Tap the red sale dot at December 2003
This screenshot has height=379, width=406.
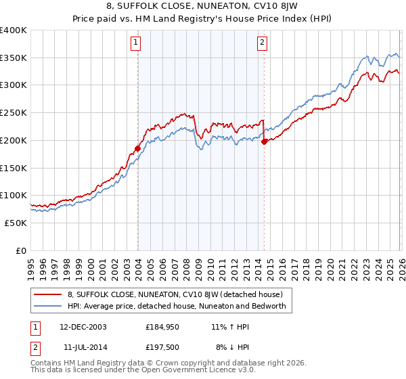[138, 148]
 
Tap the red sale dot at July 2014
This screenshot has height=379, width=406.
[264, 141]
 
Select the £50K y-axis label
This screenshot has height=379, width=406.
[16, 223]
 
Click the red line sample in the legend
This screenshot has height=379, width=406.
[49, 294]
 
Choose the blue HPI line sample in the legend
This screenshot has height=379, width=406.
[49, 306]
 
